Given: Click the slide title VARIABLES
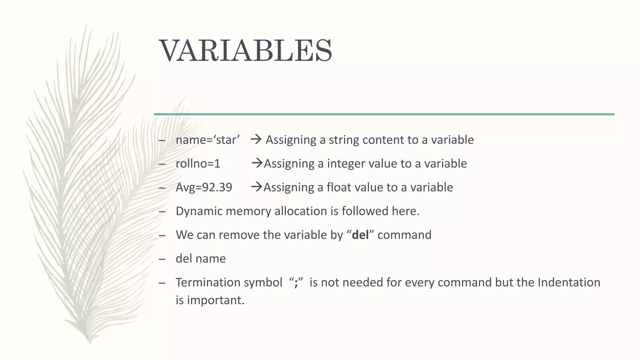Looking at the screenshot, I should [x=246, y=51].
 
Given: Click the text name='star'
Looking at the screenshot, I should [x=207, y=140].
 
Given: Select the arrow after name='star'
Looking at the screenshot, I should [x=256, y=139].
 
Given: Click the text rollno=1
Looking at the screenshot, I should [x=198, y=163].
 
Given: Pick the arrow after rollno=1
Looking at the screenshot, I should [x=257, y=163].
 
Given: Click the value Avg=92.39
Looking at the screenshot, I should [x=204, y=187].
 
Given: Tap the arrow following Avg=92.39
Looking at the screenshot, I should [x=257, y=187].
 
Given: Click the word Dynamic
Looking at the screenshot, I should [x=199, y=211].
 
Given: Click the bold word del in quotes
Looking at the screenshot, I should [x=360, y=235].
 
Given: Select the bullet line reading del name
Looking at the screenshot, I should [x=201, y=258].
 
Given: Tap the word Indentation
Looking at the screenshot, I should [x=569, y=282].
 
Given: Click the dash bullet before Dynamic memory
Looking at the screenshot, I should [x=162, y=212].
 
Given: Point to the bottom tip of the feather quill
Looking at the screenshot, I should [x=90, y=342].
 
